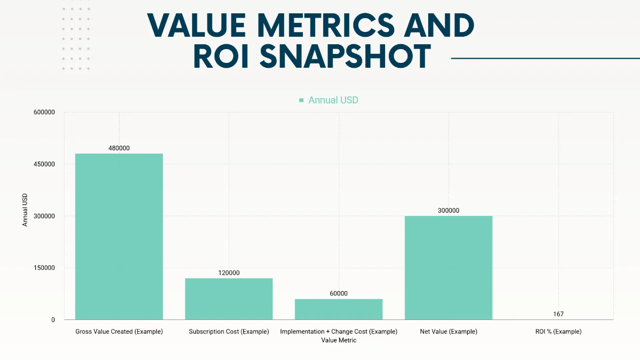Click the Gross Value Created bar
coord(119,236)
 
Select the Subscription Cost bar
coord(229,299)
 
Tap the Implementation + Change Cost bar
coord(339,309)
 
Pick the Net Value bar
coord(449,268)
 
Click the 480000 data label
coord(119,148)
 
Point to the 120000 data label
coord(229,273)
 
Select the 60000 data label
coord(339,294)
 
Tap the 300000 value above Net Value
coord(449,211)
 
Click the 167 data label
coord(558,314)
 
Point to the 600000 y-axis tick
coord(44,113)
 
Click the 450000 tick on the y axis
coord(44,164)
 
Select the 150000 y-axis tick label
coord(44,268)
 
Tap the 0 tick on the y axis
coord(53,320)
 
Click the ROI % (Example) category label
coord(558,332)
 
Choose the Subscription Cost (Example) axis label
coord(229,332)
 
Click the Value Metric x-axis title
coord(339,340)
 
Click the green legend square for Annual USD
coord(301,100)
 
